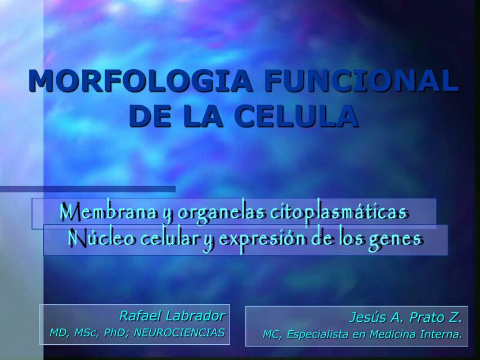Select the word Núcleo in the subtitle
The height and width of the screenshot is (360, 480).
(x=101, y=238)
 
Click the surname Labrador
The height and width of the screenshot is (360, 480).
(x=195, y=316)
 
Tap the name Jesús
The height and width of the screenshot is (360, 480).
(x=368, y=317)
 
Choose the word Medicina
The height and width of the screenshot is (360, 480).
(x=388, y=335)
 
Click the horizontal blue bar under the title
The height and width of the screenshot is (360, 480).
(x=88, y=190)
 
